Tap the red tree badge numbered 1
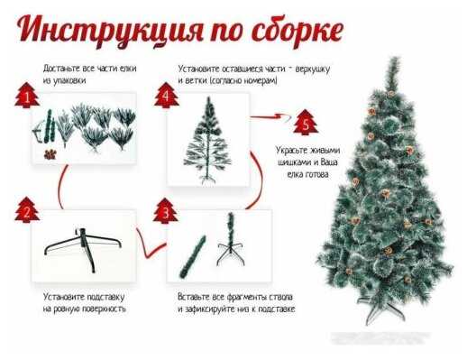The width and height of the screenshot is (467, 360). click(27, 95)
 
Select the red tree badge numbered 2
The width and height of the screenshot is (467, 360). click(27, 209)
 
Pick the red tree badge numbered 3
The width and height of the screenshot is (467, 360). click(166, 211)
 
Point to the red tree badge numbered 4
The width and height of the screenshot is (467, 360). click(166, 95)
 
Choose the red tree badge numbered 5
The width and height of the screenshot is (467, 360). click(306, 122)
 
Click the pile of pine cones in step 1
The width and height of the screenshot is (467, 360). click(50, 154)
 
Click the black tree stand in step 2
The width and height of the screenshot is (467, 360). click(83, 250)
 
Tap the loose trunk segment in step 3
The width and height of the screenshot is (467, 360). click(193, 256)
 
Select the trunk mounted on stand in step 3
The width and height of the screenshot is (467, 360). click(231, 239)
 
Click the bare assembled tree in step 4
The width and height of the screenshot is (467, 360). click(207, 141)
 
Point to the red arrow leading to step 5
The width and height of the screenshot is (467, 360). click(271, 116)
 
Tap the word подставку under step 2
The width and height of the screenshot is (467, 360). click(105, 297)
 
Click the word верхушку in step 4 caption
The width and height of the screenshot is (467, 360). click(313, 69)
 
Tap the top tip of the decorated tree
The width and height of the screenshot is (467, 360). click(393, 58)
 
